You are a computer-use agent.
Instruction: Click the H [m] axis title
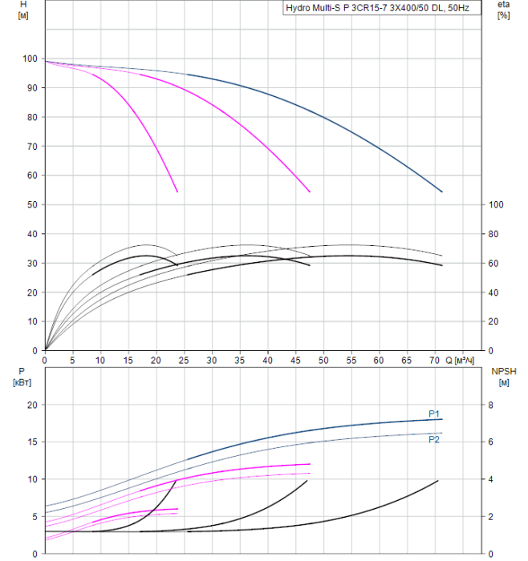pyautogui.click(x=22, y=10)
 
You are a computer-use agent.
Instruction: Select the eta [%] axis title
pyautogui.click(x=503, y=10)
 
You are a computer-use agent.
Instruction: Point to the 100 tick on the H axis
pyautogui.click(x=30, y=59)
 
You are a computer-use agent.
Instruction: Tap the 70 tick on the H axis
pyautogui.click(x=33, y=147)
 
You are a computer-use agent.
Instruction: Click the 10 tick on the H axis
pyautogui.click(x=33, y=321)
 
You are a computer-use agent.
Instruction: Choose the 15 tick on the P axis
pyautogui.click(x=33, y=442)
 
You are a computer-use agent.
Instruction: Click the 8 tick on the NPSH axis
pyautogui.click(x=493, y=405)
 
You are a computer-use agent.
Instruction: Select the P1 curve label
pyautogui.click(x=434, y=414)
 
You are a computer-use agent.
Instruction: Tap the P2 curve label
pyautogui.click(x=434, y=440)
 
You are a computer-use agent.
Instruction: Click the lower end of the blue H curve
pyautogui.click(x=442, y=192)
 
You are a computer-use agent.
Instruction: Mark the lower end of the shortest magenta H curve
pyautogui.click(x=177, y=192)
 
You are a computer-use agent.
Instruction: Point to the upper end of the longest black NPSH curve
pyautogui.click(x=438, y=480)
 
